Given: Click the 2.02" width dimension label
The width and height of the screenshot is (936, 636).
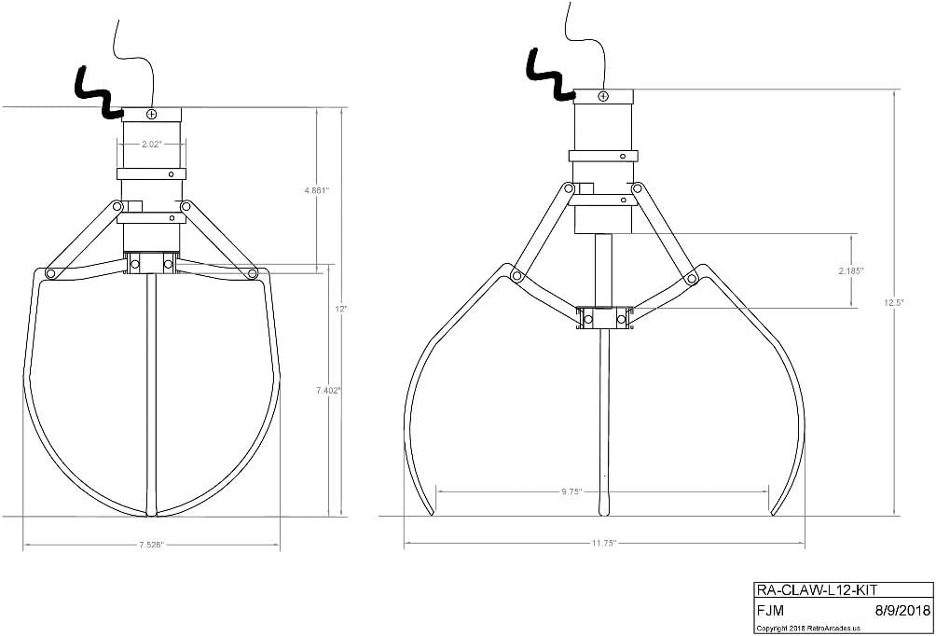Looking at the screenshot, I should click(151, 145).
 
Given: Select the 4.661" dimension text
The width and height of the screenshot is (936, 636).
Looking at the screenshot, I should click(317, 189).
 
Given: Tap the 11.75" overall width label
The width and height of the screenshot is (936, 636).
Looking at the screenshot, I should click(603, 542).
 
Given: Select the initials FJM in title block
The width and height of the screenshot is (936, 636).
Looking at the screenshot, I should click(770, 611).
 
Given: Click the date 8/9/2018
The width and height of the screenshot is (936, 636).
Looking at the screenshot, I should click(902, 611).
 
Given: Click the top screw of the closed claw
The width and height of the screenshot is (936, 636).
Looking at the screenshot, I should click(151, 113).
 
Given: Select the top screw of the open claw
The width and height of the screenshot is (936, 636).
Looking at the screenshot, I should click(603, 96).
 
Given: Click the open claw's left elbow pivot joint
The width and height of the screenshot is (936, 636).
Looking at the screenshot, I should click(511, 274).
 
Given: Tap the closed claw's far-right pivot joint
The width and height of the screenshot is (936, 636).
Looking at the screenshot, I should click(253, 273).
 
